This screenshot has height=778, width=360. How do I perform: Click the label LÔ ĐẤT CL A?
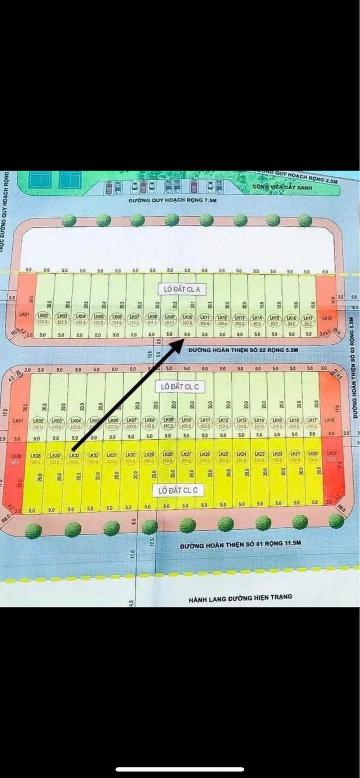[179, 289]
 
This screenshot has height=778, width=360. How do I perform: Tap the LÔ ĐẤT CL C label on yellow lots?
[178, 490]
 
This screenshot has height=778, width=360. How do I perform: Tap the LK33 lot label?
[74, 455]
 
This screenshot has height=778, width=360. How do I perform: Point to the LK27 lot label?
[186, 454]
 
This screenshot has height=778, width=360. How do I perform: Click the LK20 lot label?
[313, 454]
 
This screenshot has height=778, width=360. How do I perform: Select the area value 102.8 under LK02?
[44, 322]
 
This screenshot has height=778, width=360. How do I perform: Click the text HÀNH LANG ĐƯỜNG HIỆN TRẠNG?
[240, 597]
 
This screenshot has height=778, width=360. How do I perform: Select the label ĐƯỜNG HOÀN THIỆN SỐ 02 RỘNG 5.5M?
[243, 350]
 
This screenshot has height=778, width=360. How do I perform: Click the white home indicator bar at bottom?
[180, 769]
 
